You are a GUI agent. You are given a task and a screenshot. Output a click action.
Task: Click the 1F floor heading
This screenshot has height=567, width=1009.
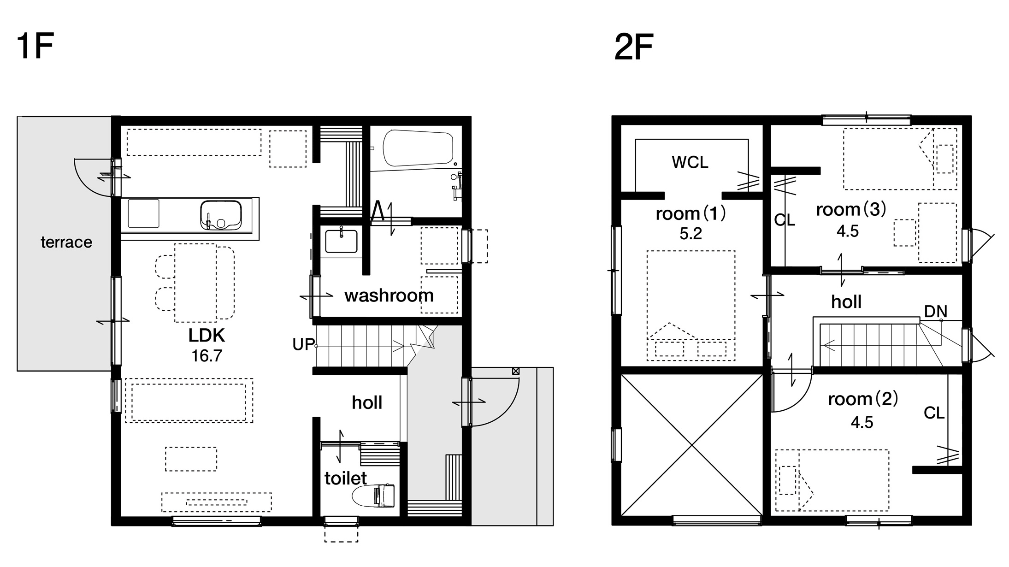click(x=35, y=46)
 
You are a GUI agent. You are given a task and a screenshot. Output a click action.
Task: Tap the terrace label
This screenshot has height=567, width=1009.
click(x=66, y=242)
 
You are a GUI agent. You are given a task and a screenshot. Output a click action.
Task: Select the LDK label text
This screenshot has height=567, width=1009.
click(x=207, y=335)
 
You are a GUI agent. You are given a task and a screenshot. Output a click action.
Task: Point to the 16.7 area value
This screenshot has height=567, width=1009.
click(x=207, y=356)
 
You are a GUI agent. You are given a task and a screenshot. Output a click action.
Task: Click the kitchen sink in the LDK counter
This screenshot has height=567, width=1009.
click(x=221, y=215)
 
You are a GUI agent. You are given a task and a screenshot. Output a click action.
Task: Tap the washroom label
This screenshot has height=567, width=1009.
click(x=389, y=295)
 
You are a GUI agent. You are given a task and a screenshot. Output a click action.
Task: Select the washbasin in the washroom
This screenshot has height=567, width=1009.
click(x=341, y=241)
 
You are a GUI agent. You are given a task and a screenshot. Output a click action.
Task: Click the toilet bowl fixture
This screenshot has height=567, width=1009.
click(x=374, y=496)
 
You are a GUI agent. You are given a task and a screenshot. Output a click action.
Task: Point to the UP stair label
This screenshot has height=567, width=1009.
click(x=303, y=344)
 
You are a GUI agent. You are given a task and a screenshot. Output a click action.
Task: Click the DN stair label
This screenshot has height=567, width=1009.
click(x=935, y=312)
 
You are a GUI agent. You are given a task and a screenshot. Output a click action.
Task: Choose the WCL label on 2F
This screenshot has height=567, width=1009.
click(x=690, y=162)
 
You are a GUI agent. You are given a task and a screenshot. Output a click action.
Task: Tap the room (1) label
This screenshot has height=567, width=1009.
click(x=691, y=213)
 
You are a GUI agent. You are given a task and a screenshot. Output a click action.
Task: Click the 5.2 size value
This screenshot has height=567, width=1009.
click(x=691, y=234)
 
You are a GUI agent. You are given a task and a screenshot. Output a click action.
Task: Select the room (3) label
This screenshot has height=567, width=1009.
click(x=851, y=210)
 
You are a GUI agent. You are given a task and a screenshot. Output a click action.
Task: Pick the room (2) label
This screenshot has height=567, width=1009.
click(x=863, y=399)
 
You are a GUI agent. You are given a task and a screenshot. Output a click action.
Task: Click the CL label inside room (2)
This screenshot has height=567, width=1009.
click(x=934, y=413)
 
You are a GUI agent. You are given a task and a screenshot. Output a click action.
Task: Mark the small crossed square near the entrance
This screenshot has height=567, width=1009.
click(x=515, y=371)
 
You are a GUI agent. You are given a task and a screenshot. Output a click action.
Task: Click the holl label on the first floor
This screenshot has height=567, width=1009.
click(x=367, y=402)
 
